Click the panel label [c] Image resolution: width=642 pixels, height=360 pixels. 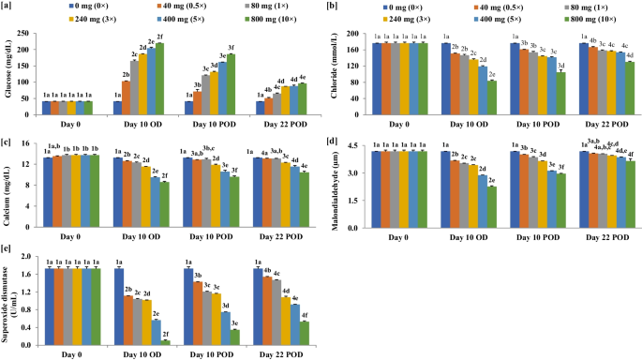pyautogui.click(x=7, y=142)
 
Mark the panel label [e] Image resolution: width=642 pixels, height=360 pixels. pyautogui.click(x=7, y=250)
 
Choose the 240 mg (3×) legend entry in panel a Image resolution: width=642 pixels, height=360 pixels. pyautogui.click(x=98, y=18)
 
